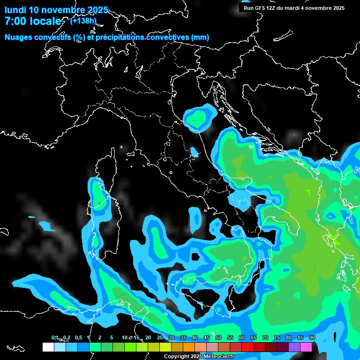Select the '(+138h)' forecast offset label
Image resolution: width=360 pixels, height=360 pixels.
click(x=83, y=21)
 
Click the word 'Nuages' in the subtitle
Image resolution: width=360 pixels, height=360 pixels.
click(x=19, y=37)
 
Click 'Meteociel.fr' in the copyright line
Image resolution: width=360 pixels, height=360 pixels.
click(x=222, y=356)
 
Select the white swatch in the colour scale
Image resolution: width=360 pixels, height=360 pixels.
click(x=48, y=347)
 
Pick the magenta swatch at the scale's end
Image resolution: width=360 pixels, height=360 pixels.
click(x=306, y=347)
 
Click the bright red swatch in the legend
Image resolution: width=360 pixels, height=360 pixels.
click(x=247, y=347)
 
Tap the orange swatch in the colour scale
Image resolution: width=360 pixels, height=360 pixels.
click(x=189, y=347)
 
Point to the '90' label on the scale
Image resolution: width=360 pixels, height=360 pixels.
click(x=312, y=337)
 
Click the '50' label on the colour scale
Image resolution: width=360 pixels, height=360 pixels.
click(x=218, y=337)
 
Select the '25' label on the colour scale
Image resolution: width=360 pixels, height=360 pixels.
click(x=160, y=337)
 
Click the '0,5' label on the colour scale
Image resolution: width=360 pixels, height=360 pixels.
click(x=78, y=337)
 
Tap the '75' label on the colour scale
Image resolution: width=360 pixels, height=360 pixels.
click(x=277, y=337)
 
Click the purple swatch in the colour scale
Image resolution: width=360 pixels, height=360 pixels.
click(x=294, y=347)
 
